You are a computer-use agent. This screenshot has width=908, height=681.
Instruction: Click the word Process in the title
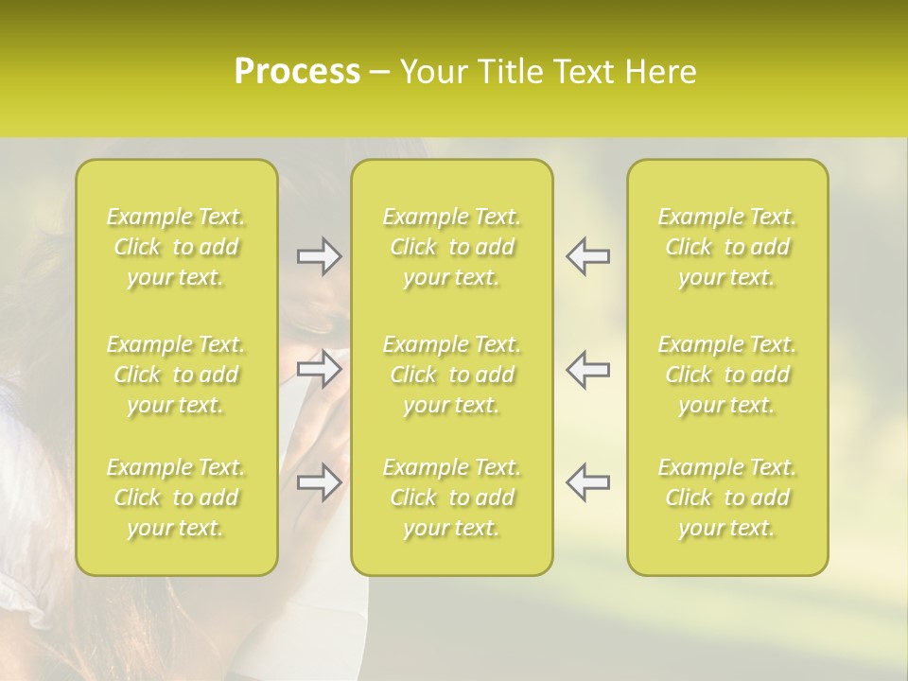click(297, 72)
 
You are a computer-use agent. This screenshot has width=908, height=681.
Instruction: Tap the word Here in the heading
click(661, 72)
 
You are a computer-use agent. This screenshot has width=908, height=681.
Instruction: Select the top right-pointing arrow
click(320, 256)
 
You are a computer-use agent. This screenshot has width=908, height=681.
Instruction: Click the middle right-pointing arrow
click(320, 369)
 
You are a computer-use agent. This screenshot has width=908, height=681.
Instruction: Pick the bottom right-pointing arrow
click(320, 482)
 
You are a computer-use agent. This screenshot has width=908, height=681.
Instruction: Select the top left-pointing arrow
click(587, 256)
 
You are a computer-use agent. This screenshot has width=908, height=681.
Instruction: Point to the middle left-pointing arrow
click(587, 369)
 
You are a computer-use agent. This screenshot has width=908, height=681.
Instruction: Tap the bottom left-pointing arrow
click(587, 482)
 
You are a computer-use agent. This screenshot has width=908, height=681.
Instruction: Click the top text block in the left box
click(176, 247)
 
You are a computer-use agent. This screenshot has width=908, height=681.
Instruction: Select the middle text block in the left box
click(176, 375)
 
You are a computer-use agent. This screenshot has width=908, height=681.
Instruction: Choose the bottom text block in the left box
click(176, 498)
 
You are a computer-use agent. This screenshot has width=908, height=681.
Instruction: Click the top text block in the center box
click(452, 247)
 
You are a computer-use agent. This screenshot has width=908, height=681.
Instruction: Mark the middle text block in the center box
click(452, 375)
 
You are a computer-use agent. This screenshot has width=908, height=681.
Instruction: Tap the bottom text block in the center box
click(452, 498)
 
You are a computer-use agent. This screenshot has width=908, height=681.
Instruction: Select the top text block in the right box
click(727, 247)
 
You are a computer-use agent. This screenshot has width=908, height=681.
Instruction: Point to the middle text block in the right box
click(727, 375)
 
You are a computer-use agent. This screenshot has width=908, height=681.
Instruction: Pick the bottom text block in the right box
click(727, 498)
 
